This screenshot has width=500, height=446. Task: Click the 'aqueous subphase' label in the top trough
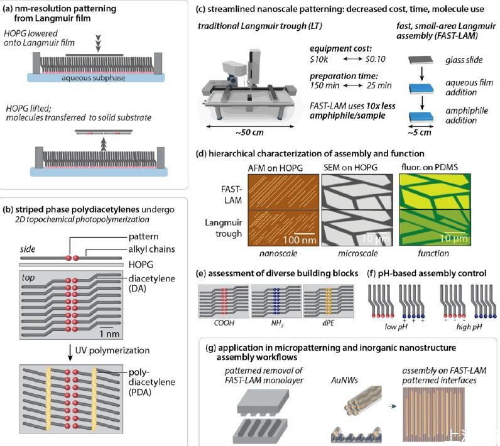tap(94, 78)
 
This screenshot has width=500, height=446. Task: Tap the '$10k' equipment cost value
tap(319, 59)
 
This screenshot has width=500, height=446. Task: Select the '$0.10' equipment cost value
tap(376, 59)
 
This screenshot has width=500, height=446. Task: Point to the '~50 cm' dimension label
tap(249, 133)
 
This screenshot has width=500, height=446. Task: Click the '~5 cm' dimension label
tap(420, 133)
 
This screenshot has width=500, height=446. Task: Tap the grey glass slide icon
tap(421, 60)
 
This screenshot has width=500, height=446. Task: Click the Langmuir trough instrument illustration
tap(248, 85)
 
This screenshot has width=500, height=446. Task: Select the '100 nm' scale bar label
tap(300, 240)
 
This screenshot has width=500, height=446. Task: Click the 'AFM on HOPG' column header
tap(275, 168)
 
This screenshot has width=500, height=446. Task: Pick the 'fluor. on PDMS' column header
tap(429, 167)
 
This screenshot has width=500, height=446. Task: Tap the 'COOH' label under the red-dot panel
tap(224, 323)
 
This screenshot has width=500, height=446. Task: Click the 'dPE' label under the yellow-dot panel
tap(328, 323)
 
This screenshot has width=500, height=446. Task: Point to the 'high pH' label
tap(469, 327)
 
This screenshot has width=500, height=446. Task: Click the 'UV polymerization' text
tap(112, 351)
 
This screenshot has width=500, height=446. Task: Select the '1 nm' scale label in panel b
tap(110, 334)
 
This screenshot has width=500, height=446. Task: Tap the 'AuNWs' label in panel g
tap(344, 380)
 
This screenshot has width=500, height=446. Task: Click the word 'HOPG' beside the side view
tap(141, 264)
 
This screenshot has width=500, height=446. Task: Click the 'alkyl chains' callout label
tap(151, 249)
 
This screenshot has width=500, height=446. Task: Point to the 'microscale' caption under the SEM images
tap(358, 253)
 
